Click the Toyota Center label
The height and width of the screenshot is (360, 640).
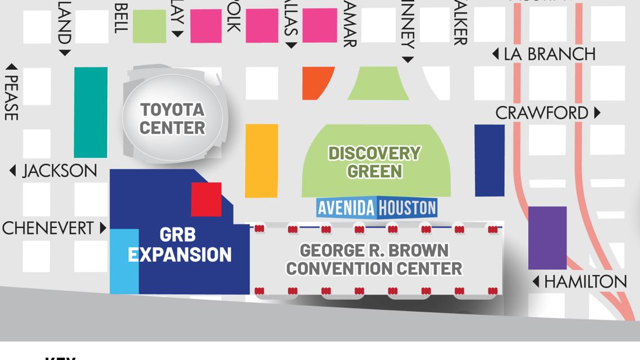click(172, 119)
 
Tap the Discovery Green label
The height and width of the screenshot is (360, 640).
click(374, 162)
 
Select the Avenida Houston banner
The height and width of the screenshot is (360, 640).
click(377, 208)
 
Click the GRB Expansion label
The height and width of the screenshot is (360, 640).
click(180, 245)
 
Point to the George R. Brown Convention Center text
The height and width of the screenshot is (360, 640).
click(374, 259)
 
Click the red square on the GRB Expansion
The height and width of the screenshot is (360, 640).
click(206, 199)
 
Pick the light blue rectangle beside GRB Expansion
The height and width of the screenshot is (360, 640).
click(124, 261)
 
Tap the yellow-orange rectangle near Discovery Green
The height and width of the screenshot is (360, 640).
click(262, 161)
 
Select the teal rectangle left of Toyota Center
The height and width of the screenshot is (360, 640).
click(90, 112)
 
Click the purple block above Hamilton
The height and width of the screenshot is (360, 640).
click(547, 238)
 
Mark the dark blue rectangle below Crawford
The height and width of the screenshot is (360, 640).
click(490, 160)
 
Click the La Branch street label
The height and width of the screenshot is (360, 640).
click(549, 54)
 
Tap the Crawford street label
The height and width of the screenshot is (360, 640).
click(542, 113)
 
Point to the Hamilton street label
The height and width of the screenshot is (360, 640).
click(585, 281)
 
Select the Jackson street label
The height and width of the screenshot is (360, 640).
click(59, 171)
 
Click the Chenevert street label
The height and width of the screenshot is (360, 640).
click(48, 228)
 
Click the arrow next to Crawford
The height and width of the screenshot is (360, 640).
click(597, 113)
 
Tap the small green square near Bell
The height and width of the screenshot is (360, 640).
click(149, 26)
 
